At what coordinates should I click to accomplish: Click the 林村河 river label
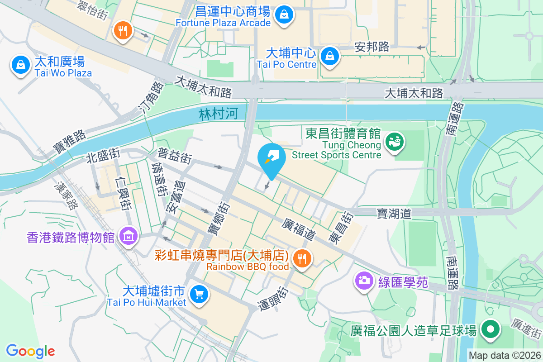pos(218,114)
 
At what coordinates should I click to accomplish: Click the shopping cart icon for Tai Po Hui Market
pos(198,295)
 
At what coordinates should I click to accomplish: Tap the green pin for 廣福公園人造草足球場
pos(490,329)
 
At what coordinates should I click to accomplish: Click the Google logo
pos(30,351)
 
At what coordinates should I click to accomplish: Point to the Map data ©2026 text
pos(504,356)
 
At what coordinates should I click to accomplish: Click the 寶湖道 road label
pos(394,213)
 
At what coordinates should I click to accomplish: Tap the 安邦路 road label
pos(372,47)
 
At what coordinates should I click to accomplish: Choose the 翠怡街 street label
pos(93,10)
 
